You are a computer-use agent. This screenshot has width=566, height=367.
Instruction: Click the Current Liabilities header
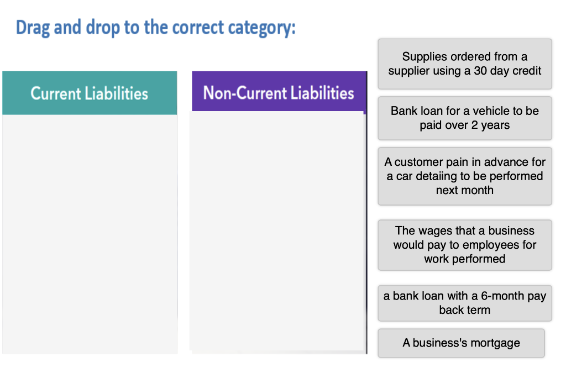coord(90,93)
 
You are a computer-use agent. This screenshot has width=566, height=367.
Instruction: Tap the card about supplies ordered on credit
coord(464,64)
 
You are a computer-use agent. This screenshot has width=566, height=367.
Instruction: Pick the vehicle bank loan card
coord(464,118)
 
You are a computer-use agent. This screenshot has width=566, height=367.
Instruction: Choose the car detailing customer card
coord(464,176)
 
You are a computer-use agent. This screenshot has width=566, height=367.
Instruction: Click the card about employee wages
coord(464,244)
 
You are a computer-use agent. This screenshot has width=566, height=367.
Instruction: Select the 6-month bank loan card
coord(464,302)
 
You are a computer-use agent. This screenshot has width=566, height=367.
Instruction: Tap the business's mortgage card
coord(461,343)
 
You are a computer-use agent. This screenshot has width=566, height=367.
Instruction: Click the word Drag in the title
coord(33,27)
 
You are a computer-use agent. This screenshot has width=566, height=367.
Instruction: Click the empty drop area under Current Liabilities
coord(90,232)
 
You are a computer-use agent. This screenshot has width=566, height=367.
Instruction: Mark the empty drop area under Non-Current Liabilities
coord(277,232)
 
